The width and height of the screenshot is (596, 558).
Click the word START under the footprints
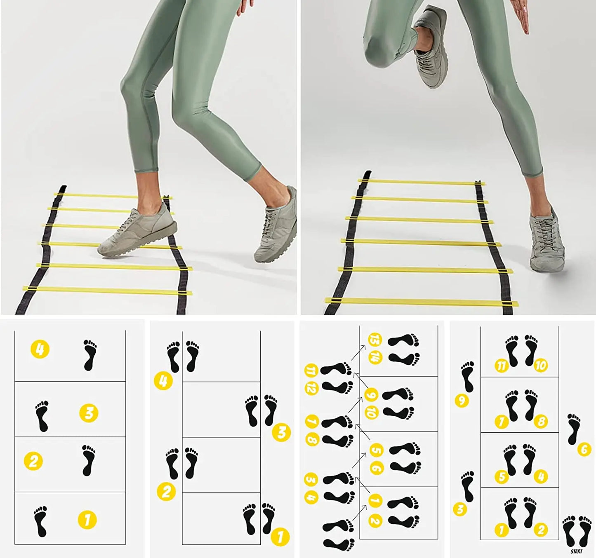pyautogui.click(x=577, y=551)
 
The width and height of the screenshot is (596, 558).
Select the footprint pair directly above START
pyautogui.click(x=577, y=531)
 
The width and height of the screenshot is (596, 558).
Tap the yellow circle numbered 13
pyautogui.click(x=375, y=340)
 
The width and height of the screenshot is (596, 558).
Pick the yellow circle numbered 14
pyautogui.click(x=375, y=358)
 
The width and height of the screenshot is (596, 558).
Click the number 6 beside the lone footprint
pyautogui.click(x=584, y=449)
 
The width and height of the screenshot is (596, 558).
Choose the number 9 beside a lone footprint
pyautogui.click(x=462, y=400)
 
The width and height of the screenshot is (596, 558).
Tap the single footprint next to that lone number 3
pyautogui.click(x=468, y=487)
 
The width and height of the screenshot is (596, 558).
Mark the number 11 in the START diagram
pyautogui.click(x=501, y=366)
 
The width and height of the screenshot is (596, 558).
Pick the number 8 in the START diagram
pyautogui.click(x=541, y=421)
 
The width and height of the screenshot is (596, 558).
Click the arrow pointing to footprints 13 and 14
pyautogui.click(x=358, y=352)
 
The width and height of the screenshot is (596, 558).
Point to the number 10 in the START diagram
pyautogui.click(x=540, y=365)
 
